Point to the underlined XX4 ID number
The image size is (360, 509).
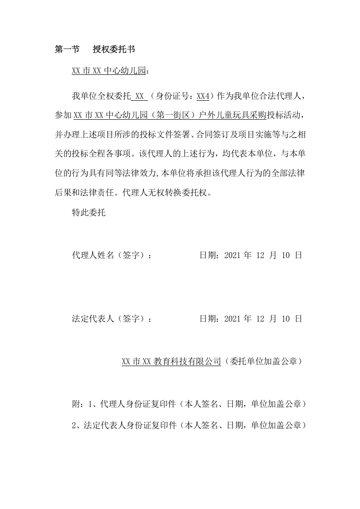202,97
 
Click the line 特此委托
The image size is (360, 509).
89,212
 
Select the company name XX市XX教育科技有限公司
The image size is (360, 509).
172,362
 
